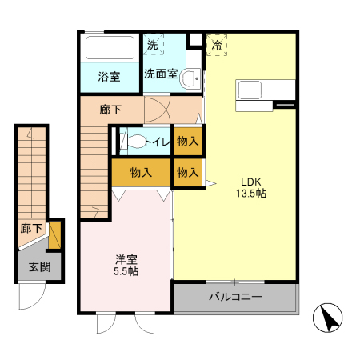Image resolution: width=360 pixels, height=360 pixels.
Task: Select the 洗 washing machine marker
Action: pyautogui.click(x=152, y=46)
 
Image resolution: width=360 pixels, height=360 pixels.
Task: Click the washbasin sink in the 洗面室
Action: pyautogui.click(x=189, y=78)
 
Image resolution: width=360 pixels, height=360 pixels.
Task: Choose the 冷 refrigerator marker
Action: pyautogui.click(x=216, y=46)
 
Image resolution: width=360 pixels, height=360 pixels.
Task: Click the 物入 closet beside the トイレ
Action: pyautogui.click(x=187, y=142)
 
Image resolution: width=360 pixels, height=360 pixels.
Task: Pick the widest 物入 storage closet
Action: pyautogui.click(x=141, y=172)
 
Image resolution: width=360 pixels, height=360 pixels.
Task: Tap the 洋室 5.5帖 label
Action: pyautogui.click(x=126, y=265)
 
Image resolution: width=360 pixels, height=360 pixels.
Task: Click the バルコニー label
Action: pyautogui.click(x=236, y=298)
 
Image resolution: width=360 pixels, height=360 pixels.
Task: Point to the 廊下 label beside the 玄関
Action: pyautogui.click(x=31, y=228)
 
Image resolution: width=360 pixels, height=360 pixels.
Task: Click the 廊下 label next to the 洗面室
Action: pyautogui.click(x=110, y=110)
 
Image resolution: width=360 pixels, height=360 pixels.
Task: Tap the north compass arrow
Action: pyautogui.click(x=328, y=319)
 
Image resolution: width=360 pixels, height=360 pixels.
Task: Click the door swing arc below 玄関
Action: pyautogui.click(x=30, y=300)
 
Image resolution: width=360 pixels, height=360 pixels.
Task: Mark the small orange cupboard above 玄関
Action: pyautogui.click(x=55, y=235)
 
